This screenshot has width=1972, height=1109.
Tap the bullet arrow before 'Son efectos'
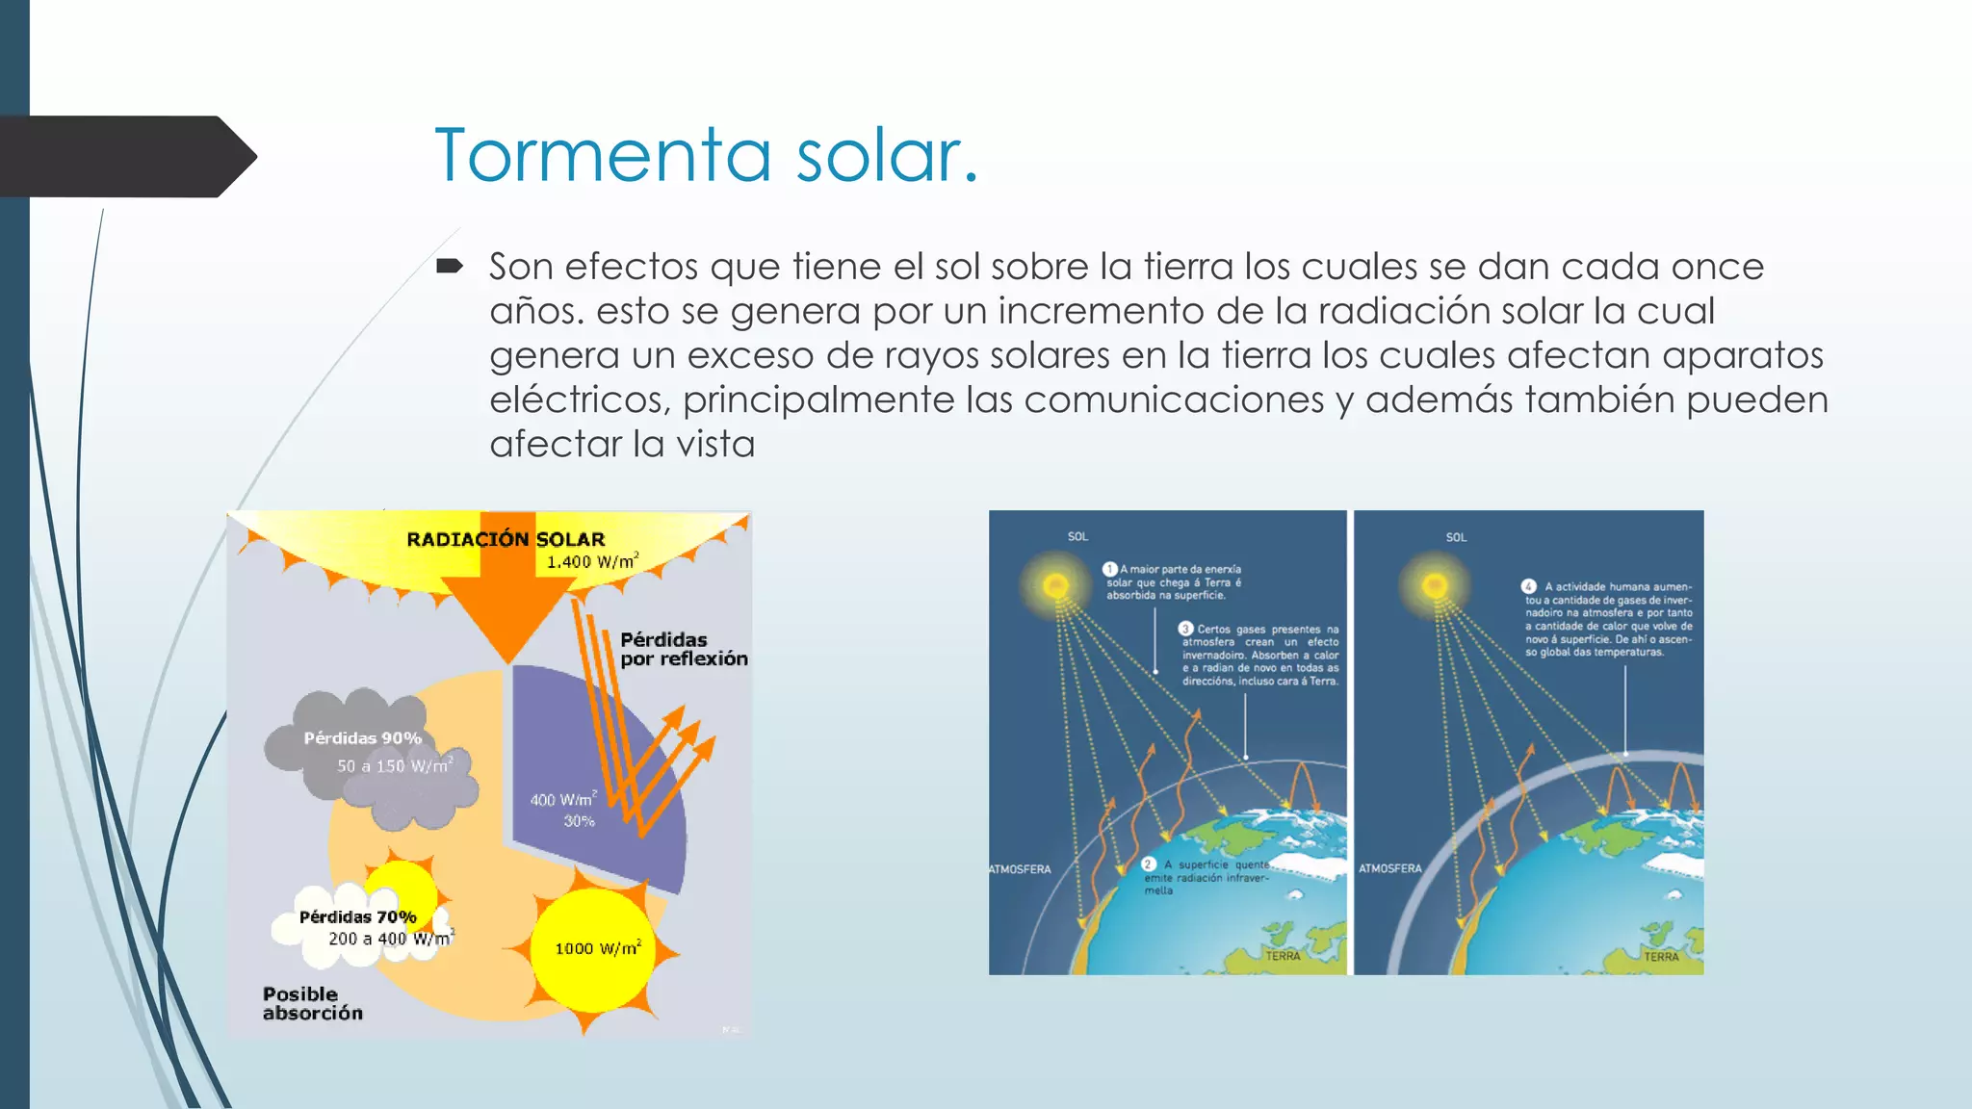tap(450, 266)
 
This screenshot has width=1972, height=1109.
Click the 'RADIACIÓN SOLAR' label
tap(506, 539)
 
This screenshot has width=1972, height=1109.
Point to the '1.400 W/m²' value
tap(591, 561)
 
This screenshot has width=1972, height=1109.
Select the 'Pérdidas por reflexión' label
tap(683, 649)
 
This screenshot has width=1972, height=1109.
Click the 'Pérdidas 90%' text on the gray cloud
tap(362, 738)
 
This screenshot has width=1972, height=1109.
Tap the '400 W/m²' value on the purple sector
tap(563, 799)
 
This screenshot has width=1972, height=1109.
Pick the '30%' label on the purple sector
tap(579, 821)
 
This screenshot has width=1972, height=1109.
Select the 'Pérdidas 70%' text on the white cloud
tap(357, 917)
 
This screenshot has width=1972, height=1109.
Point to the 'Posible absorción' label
tap(312, 1003)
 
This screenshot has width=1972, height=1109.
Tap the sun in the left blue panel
tap(1055, 585)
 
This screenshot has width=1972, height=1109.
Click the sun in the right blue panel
tap(1435, 585)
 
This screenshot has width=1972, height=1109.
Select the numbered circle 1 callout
tap(1109, 569)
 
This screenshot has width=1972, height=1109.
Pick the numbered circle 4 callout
tap(1528, 586)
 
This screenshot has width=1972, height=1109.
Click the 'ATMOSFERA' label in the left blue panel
tap(1020, 869)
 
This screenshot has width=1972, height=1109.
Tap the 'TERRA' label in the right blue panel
tap(1661, 956)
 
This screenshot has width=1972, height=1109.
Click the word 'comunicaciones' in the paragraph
tap(1174, 400)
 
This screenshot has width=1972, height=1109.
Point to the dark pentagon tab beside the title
tap(125, 157)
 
